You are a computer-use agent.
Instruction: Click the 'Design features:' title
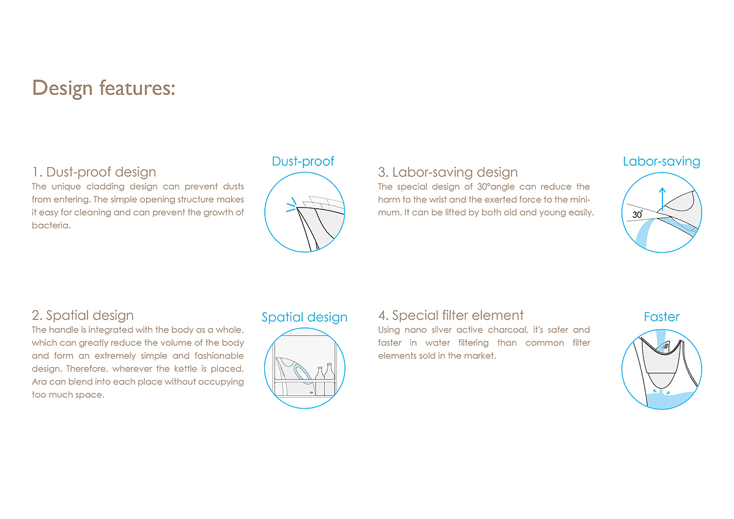pyautogui.click(x=103, y=89)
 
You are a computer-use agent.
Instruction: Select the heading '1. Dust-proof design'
pyautogui.click(x=94, y=172)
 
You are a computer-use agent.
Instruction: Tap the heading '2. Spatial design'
pyautogui.click(x=83, y=315)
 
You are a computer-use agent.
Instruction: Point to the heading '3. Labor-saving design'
pyautogui.click(x=448, y=172)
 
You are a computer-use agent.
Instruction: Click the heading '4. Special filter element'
pyautogui.click(x=451, y=315)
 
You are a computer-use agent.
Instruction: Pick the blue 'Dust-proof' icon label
pyautogui.click(x=303, y=162)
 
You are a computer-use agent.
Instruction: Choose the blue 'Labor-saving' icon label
pyautogui.click(x=662, y=162)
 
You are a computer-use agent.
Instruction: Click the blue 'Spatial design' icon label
pyautogui.click(x=305, y=318)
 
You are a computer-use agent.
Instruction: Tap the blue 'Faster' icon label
pyautogui.click(x=662, y=316)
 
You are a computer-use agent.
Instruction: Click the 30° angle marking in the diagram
pyautogui.click(x=637, y=214)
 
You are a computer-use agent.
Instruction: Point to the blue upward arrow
pyautogui.click(x=662, y=199)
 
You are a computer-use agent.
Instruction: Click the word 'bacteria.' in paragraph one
pyautogui.click(x=51, y=226)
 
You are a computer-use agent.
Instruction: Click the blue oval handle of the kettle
pyautogui.click(x=303, y=374)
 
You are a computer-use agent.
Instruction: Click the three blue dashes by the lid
pyautogui.click(x=291, y=205)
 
